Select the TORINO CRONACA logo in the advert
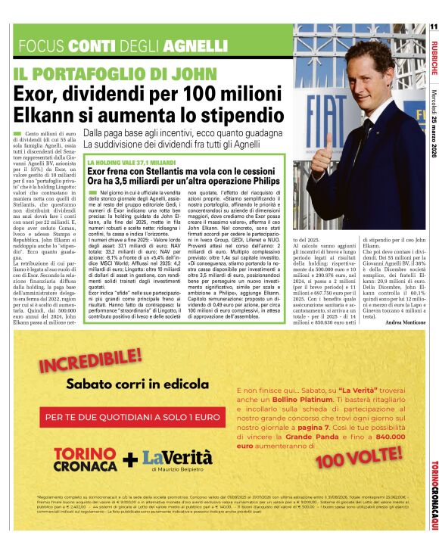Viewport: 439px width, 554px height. tap(85, 459)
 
